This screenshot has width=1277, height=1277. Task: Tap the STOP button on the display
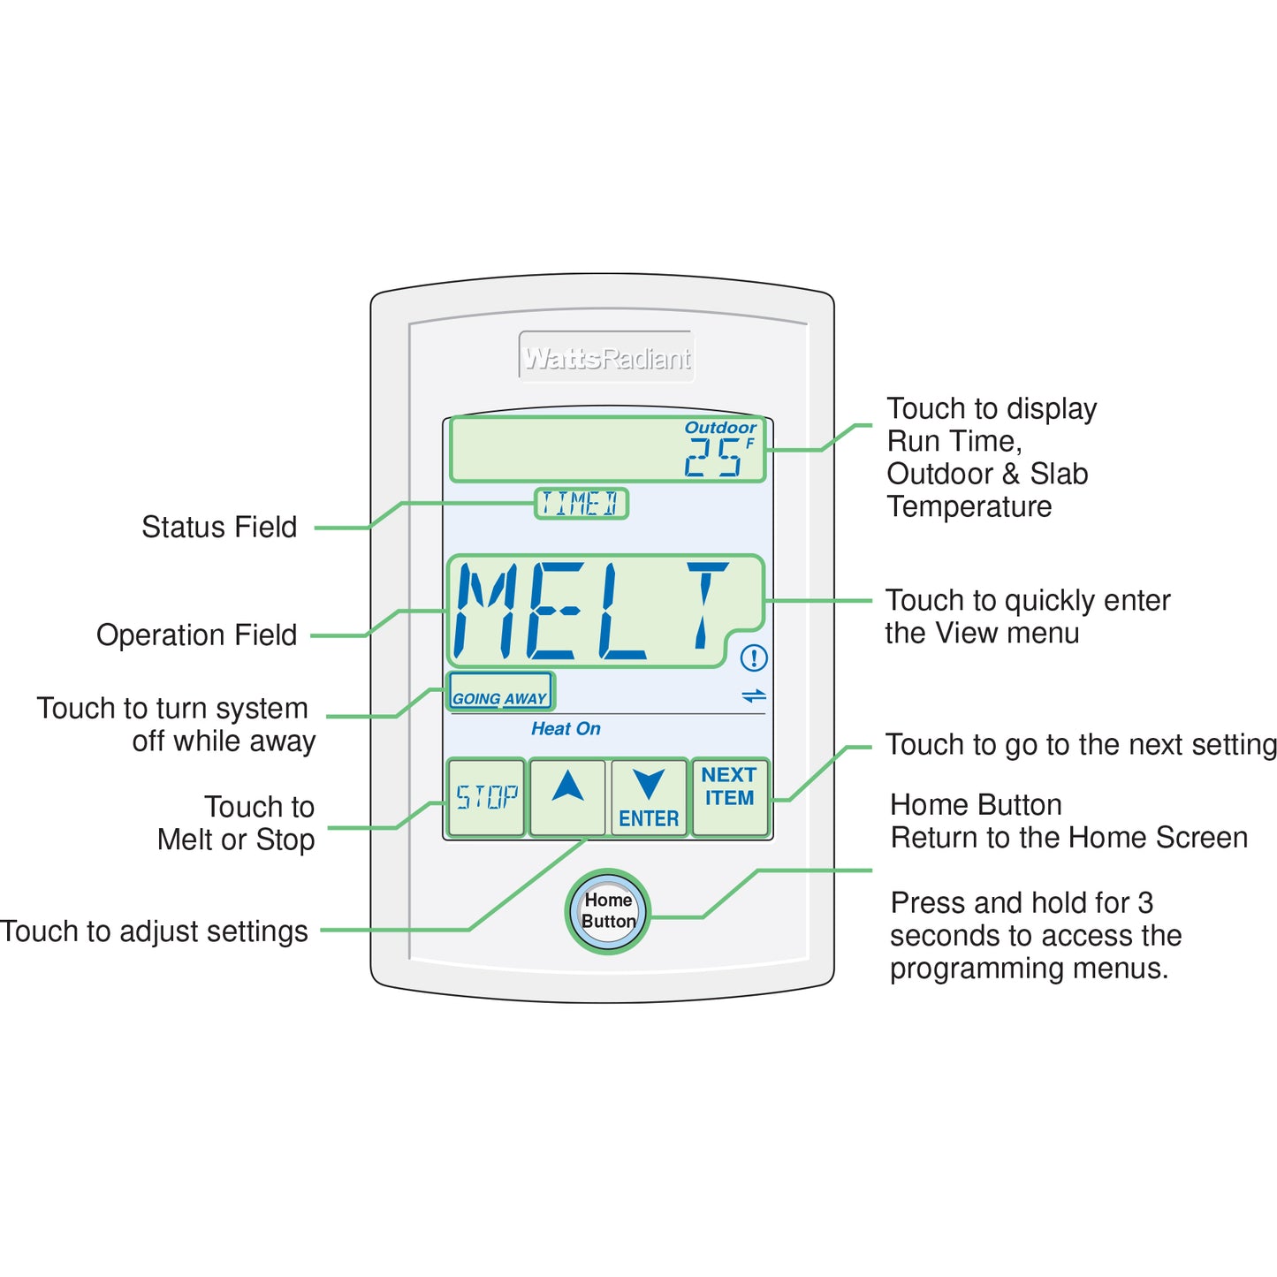(x=486, y=797)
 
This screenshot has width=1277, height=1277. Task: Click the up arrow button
(x=567, y=797)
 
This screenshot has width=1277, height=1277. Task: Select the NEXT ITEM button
(x=729, y=797)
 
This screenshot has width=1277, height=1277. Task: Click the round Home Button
(x=608, y=911)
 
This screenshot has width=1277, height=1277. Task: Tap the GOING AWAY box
(x=500, y=692)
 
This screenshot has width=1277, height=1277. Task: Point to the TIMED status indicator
(x=581, y=504)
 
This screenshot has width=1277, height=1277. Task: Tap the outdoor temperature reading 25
(x=713, y=458)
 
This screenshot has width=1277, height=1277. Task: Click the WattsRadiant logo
(x=607, y=358)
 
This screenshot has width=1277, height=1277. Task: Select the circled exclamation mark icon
(x=754, y=658)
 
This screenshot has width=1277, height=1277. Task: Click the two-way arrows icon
(x=754, y=696)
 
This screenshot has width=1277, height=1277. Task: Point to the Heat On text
(x=566, y=729)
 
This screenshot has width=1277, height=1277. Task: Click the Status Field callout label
(x=219, y=528)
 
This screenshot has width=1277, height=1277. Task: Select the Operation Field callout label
(x=196, y=635)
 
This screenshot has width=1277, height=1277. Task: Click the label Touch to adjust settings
(x=155, y=931)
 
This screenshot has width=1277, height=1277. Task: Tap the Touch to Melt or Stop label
(x=237, y=824)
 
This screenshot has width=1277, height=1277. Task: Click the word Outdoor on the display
(x=720, y=428)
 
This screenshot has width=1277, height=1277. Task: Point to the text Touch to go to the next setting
(x=1080, y=745)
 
